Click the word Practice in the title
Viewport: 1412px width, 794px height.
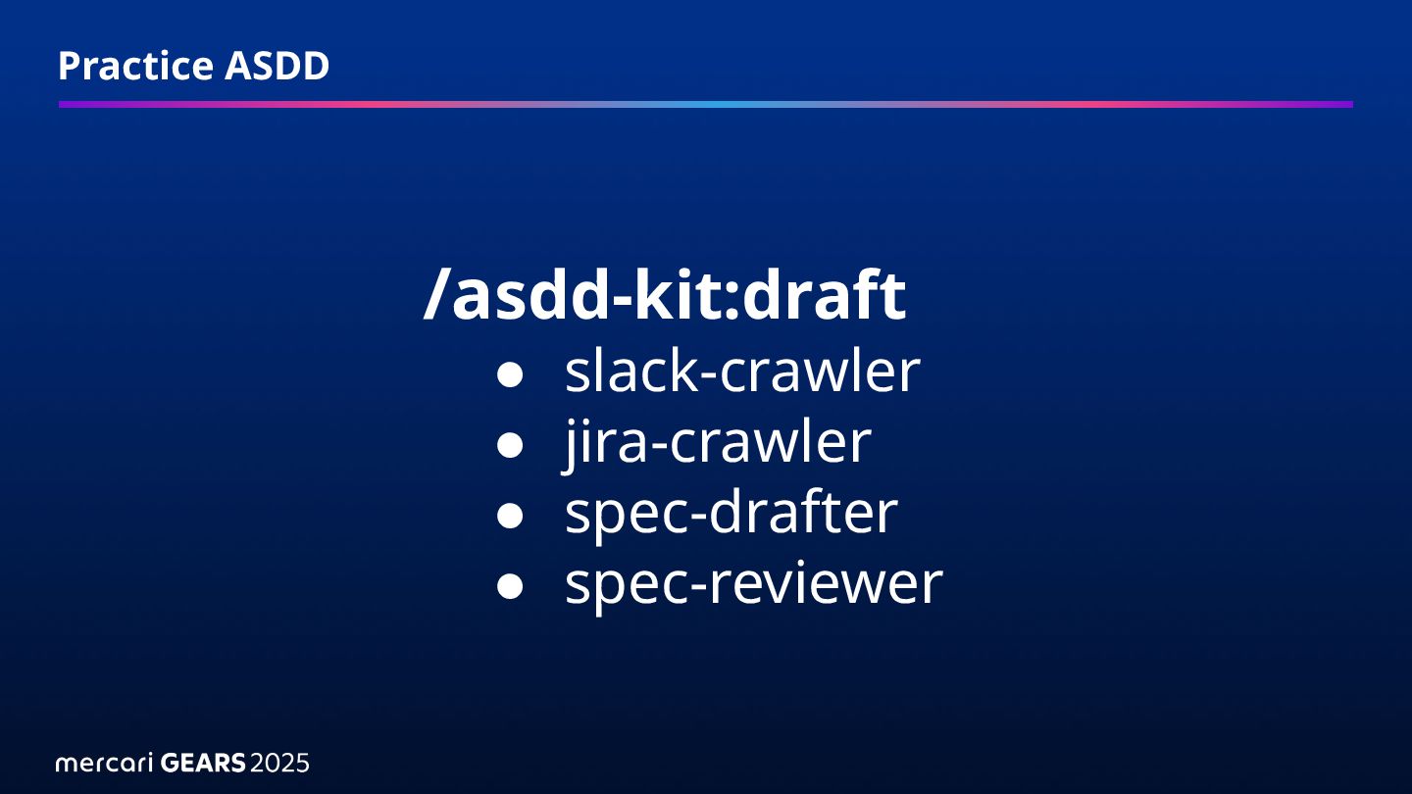click(135, 66)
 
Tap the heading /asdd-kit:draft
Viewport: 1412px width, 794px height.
click(665, 296)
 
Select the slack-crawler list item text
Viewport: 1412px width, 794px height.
click(742, 372)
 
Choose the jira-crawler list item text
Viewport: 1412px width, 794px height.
click(718, 442)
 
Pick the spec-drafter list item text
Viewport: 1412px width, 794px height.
click(731, 513)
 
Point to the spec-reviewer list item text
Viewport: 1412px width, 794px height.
click(753, 583)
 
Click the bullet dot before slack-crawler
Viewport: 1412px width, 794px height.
click(509, 374)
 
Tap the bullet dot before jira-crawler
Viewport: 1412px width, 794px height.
click(509, 445)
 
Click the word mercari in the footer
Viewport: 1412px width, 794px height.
click(102, 763)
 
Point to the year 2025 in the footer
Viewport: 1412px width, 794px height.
click(279, 763)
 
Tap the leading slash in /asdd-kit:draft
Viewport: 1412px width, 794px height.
click(435, 296)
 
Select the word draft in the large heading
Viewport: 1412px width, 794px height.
click(824, 296)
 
